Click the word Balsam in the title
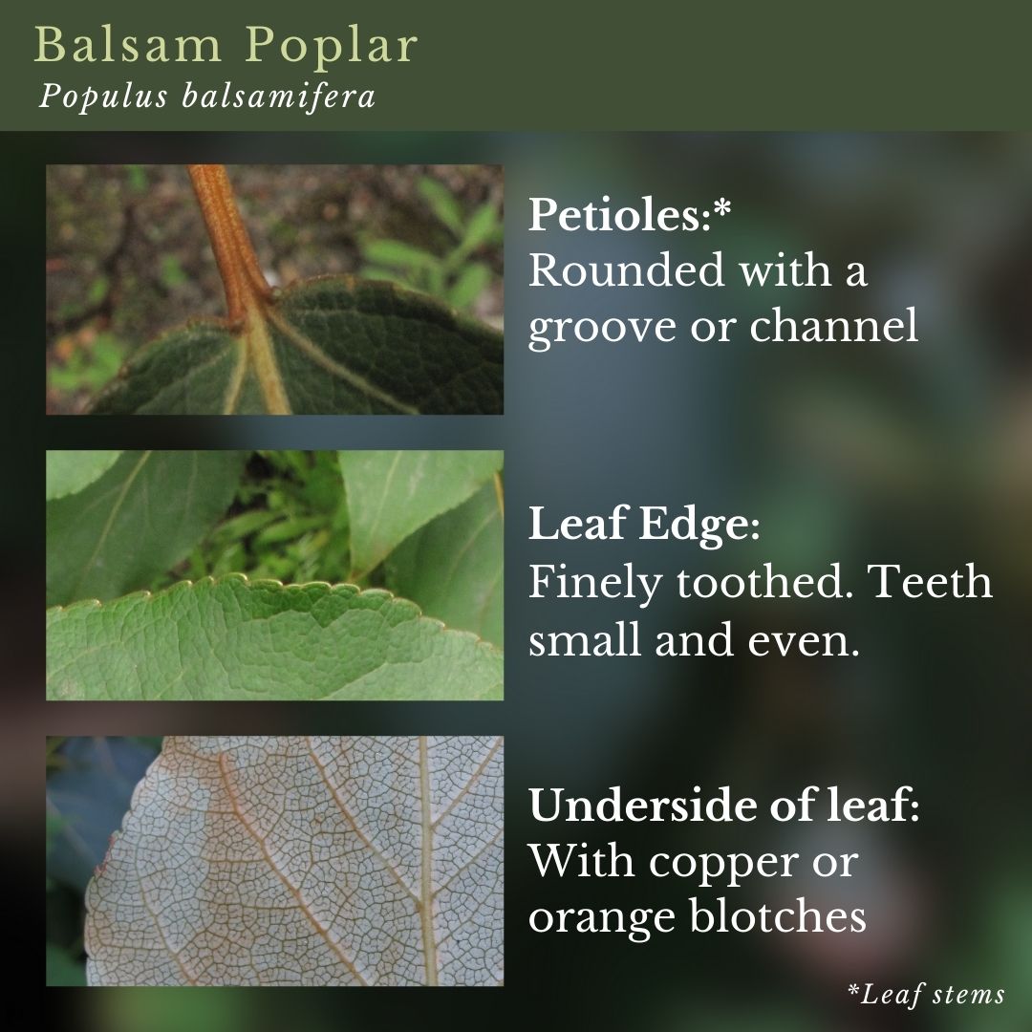coord(128,46)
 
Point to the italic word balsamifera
coord(278,97)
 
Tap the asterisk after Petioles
coord(722,208)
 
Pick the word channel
coord(834,324)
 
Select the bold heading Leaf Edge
coord(644,525)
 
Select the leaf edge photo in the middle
coord(274,575)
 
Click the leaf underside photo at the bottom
coord(274,861)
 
